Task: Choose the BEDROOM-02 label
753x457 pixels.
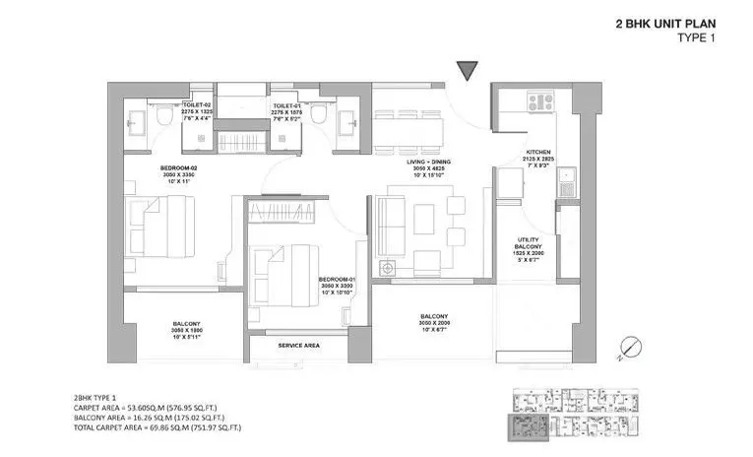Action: tap(179, 168)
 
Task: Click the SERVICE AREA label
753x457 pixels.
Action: tap(297, 346)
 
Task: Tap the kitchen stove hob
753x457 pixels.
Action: tap(540, 99)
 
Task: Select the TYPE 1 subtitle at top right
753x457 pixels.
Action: tap(697, 38)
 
